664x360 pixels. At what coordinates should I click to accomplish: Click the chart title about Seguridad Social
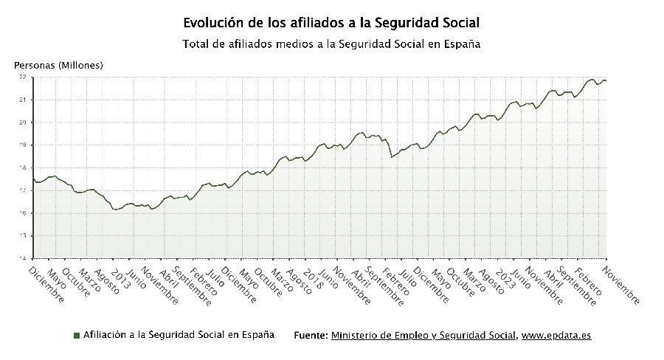tap(331, 24)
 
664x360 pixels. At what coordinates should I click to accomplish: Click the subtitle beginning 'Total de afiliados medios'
tap(331, 44)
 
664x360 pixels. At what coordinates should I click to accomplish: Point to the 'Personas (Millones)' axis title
tap(59, 65)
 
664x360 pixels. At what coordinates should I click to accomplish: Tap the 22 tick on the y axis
tap(23, 77)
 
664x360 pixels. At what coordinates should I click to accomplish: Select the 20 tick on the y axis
tap(23, 122)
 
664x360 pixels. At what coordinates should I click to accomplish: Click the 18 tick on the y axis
tap(23, 167)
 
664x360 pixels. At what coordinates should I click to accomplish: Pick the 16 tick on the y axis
tap(23, 213)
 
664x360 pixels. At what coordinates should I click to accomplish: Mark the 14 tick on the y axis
tap(23, 258)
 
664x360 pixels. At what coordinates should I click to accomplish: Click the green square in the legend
tap(76, 336)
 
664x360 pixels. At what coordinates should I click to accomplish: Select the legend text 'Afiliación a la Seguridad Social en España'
tap(179, 335)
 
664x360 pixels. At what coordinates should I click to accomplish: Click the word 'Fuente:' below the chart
tap(311, 336)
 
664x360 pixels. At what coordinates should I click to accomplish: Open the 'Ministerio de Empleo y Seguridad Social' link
tap(423, 336)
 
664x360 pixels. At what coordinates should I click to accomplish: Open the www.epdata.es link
tap(556, 336)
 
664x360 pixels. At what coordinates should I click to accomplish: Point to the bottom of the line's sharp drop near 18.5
tap(392, 157)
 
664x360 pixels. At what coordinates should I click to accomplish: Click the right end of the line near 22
tap(606, 80)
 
